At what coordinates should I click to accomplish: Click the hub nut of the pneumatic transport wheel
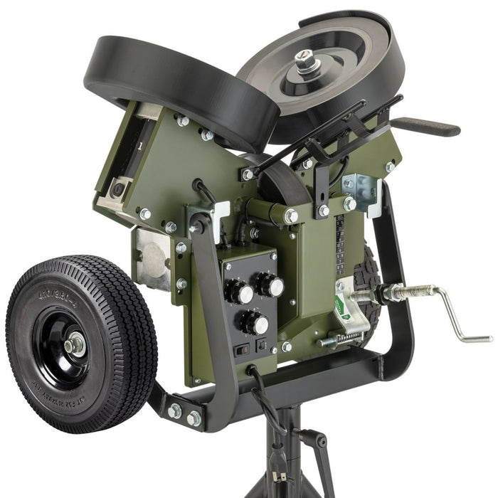pos(73,346)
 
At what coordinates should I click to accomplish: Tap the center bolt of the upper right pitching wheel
pos(307,63)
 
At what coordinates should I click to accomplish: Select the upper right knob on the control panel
pos(272,285)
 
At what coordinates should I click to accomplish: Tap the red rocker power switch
pos(242,349)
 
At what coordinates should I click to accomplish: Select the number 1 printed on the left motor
pos(139,146)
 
